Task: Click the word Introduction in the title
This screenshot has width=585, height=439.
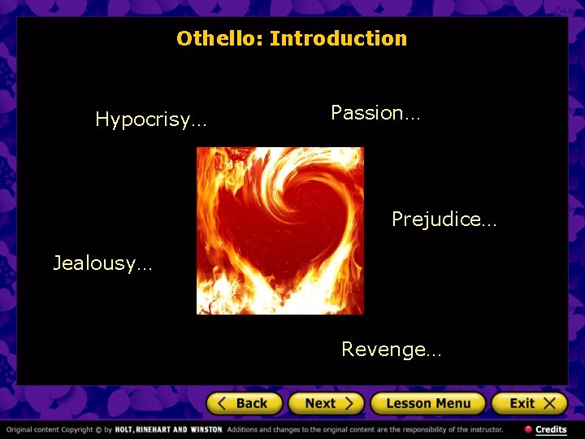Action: pyautogui.click(x=338, y=38)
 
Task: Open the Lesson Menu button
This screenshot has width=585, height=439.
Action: pyautogui.click(x=427, y=403)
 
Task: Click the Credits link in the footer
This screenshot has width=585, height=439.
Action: pyautogui.click(x=551, y=429)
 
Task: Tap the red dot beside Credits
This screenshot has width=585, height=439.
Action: pyautogui.click(x=528, y=429)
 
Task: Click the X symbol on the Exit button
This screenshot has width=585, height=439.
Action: pyautogui.click(x=550, y=403)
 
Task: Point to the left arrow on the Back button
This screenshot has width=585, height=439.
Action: pyautogui.click(x=223, y=403)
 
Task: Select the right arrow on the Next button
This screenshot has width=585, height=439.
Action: pyautogui.click(x=349, y=403)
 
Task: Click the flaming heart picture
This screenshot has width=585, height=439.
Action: pyautogui.click(x=280, y=231)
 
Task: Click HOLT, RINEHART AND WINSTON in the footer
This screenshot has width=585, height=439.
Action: pyautogui.click(x=168, y=429)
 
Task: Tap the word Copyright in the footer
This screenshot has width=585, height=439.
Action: pyautogui.click(x=73, y=429)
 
